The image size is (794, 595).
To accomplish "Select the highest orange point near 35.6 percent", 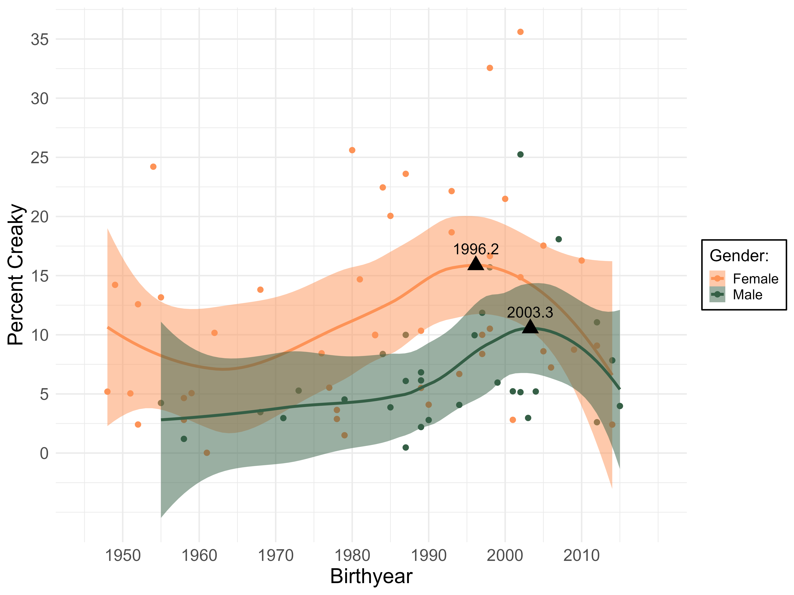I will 520,32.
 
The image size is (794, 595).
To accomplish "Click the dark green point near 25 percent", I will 520,155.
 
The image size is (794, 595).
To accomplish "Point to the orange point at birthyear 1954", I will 153,167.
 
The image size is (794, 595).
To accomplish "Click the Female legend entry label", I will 755,279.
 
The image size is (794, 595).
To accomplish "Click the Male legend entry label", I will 747,295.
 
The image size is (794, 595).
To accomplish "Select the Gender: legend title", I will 739,256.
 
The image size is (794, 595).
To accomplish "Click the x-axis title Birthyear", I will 371,576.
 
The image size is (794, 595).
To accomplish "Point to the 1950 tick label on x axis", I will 123,556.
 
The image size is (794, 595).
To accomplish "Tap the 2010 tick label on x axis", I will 581,556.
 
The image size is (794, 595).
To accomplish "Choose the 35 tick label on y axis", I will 40,39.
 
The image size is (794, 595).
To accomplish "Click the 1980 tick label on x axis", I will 352,556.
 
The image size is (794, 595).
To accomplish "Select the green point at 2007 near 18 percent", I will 559,239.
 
